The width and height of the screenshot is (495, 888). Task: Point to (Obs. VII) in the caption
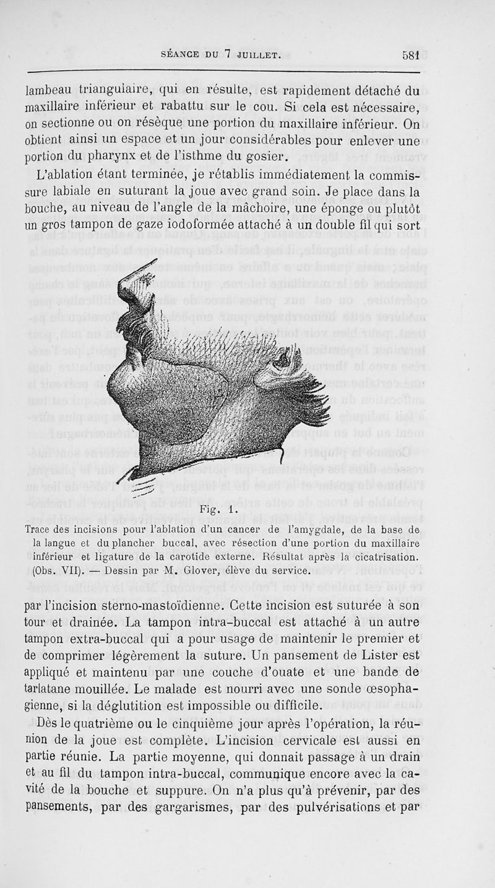coord(54,569)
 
